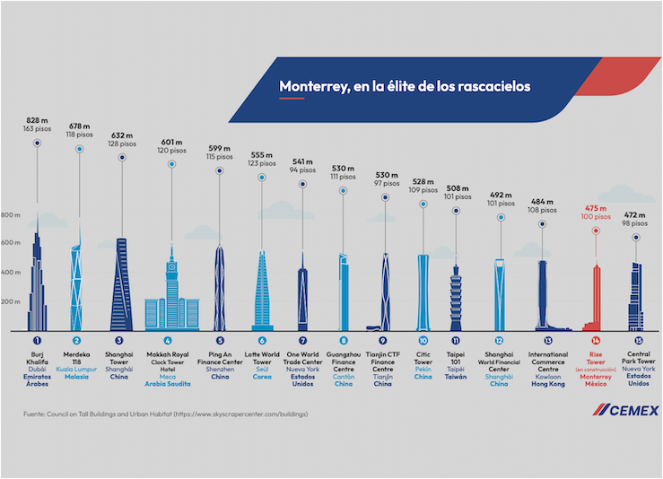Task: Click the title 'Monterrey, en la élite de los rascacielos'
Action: coord(404,86)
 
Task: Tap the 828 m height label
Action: coord(37,118)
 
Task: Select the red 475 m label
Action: coord(595,207)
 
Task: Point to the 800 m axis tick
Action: coord(12,215)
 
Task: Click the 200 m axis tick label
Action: coord(12,302)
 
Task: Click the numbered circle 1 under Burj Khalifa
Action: coord(37,341)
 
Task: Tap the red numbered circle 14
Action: coord(596,341)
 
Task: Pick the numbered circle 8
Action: coord(344,341)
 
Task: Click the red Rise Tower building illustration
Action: coord(596,300)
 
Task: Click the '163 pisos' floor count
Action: coord(37,128)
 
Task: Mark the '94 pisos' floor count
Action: coord(302,169)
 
